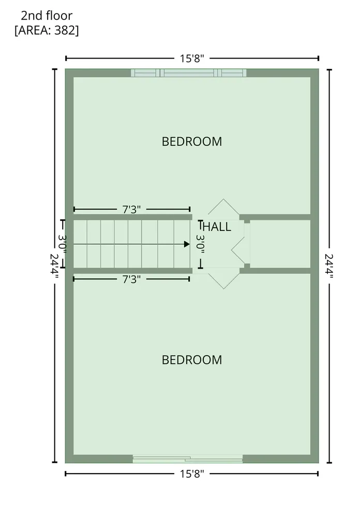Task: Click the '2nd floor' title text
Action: (x=47, y=16)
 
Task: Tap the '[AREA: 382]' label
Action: (x=47, y=31)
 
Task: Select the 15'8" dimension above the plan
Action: (x=192, y=58)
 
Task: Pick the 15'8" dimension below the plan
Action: (x=192, y=474)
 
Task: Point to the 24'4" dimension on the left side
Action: (x=54, y=266)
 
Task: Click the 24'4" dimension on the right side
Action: (x=329, y=266)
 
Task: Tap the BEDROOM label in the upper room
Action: (x=192, y=142)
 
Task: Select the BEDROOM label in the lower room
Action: (x=192, y=360)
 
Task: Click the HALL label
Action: (x=217, y=227)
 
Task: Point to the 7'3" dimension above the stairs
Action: (x=131, y=210)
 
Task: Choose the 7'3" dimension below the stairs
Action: (x=131, y=279)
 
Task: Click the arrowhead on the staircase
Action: (x=187, y=244)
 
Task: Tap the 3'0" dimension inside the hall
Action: (x=201, y=244)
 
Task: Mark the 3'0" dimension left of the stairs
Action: (x=63, y=244)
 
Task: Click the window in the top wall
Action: (x=188, y=72)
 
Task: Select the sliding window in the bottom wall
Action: (x=187, y=459)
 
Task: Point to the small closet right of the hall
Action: (x=280, y=244)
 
